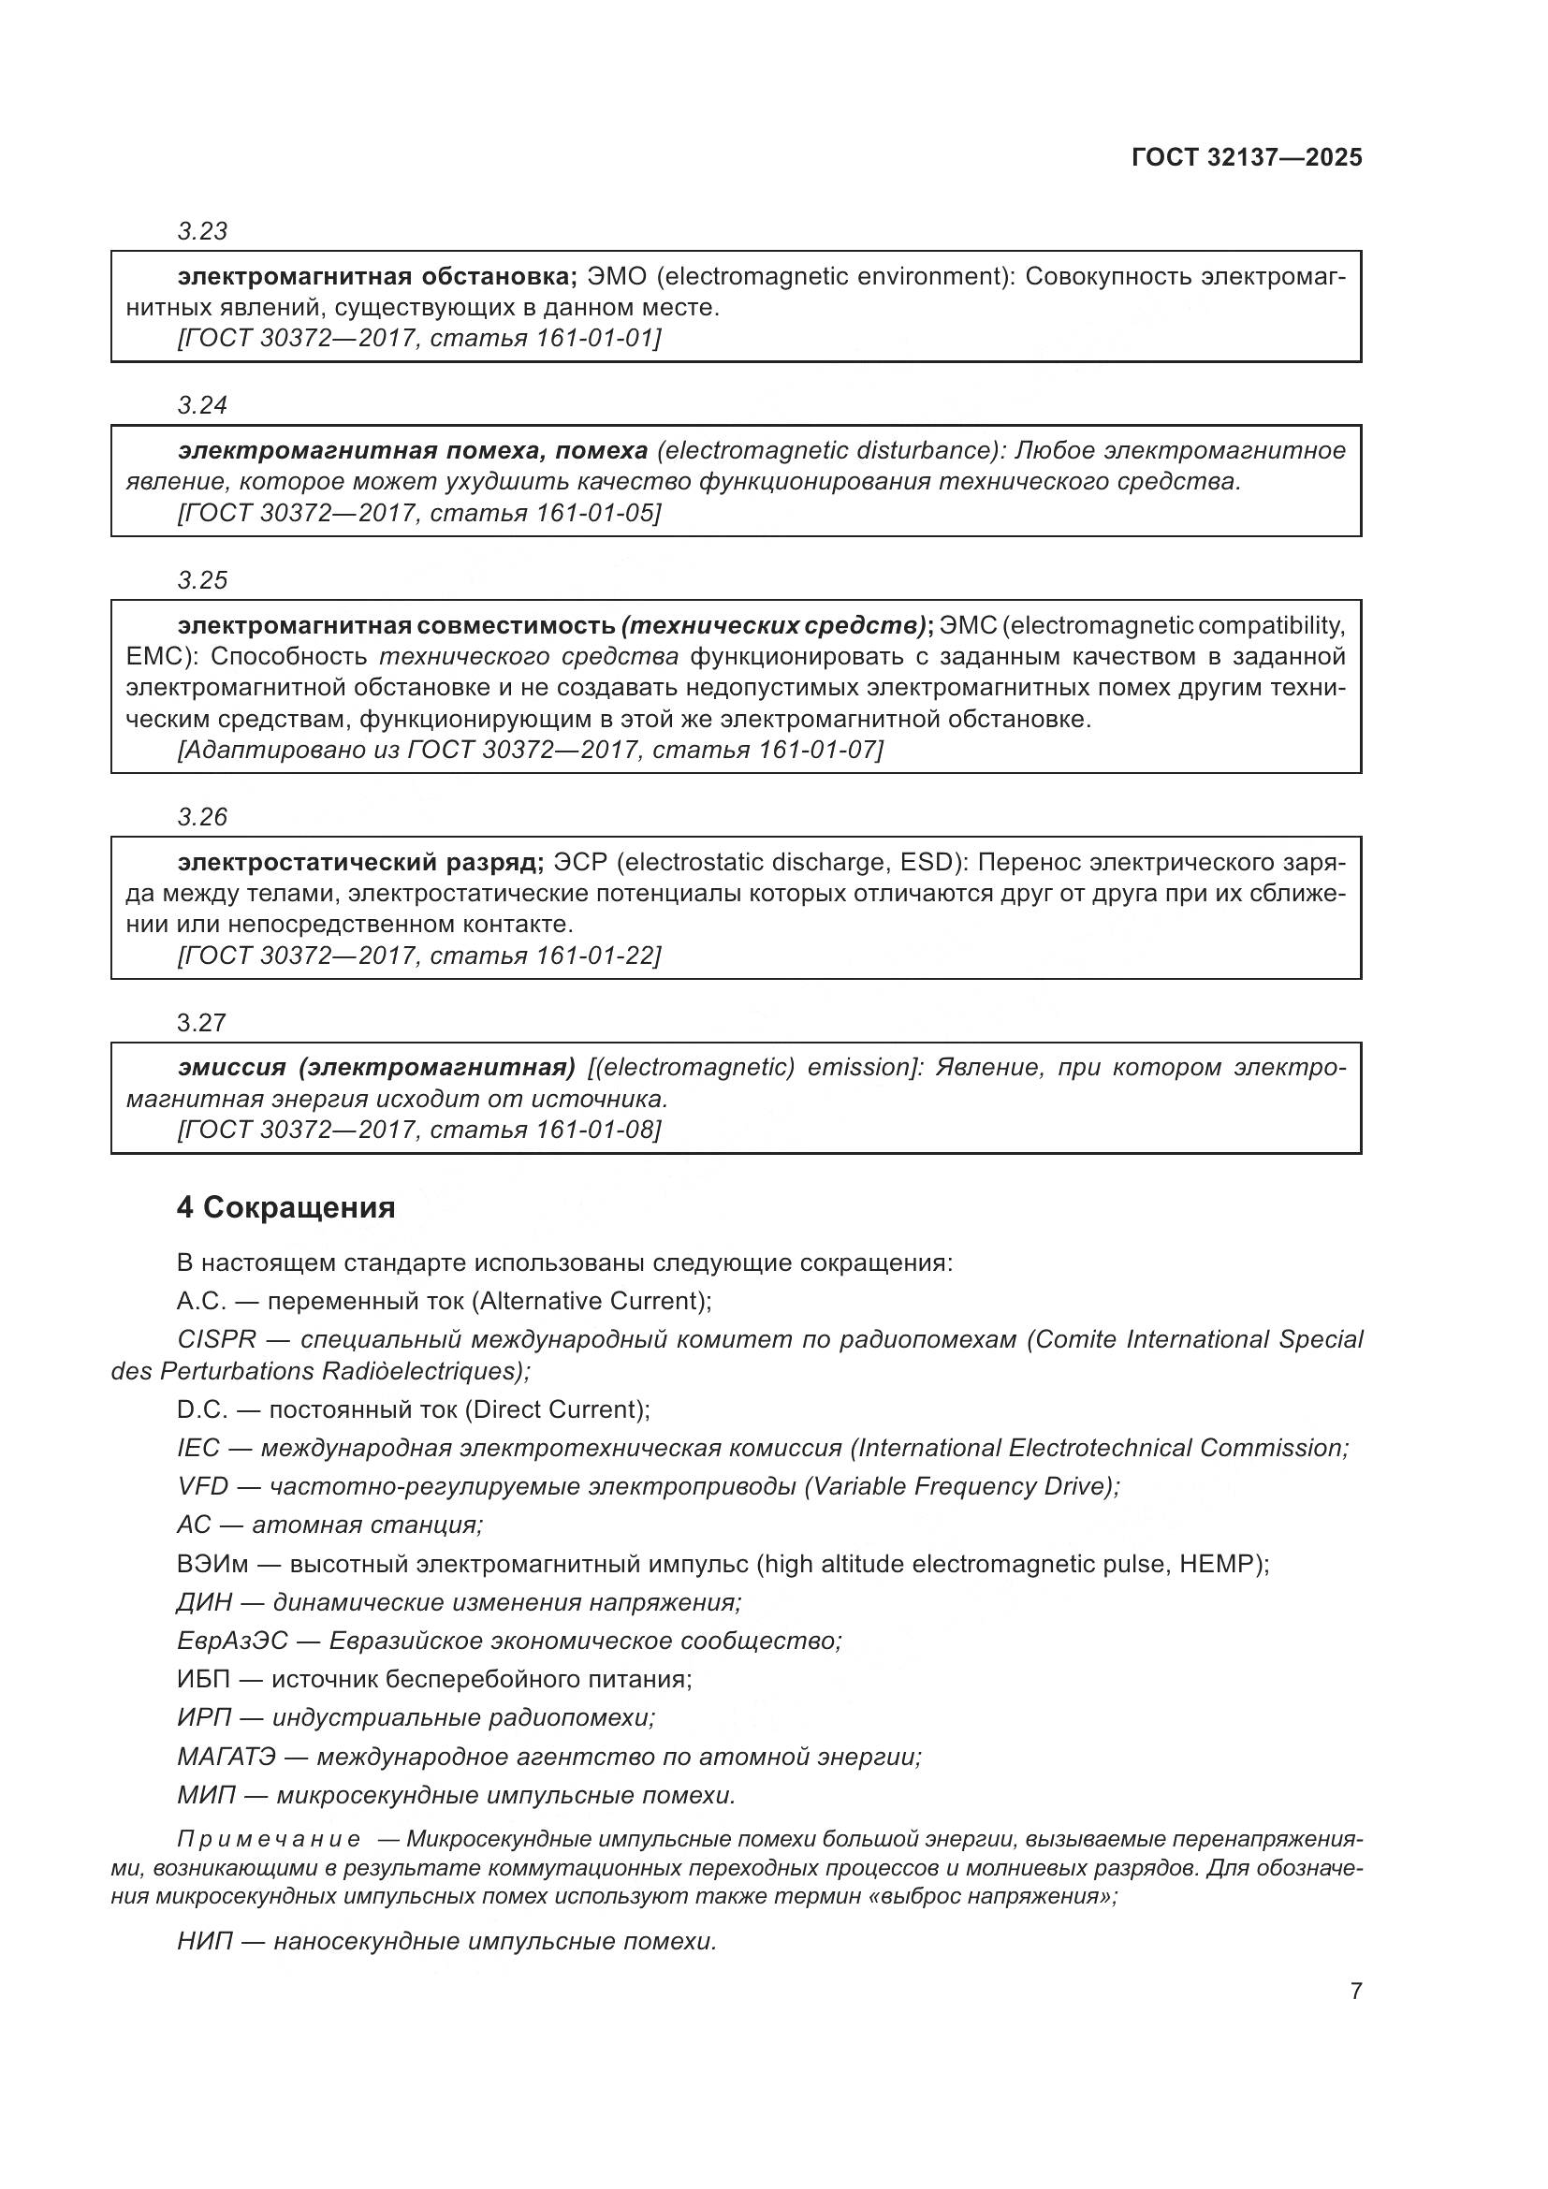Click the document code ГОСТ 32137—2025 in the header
[1246, 157]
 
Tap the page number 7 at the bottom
[1355, 1991]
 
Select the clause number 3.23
[202, 231]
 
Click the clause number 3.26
[202, 816]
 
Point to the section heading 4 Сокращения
[285, 1207]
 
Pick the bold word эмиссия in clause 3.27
[231, 1066]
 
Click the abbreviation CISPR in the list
[216, 1339]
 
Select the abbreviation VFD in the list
[202, 1485]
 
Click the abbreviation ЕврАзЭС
[231, 1641]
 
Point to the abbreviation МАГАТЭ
[226, 1756]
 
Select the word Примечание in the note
[269, 1839]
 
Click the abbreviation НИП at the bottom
[205, 1941]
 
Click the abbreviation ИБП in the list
[203, 1679]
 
